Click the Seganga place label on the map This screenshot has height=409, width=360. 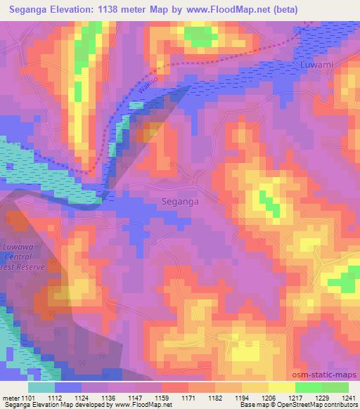[x=180, y=201]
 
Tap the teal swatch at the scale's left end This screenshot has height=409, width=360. [x=41, y=387]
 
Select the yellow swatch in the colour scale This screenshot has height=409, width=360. [x=281, y=387]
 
